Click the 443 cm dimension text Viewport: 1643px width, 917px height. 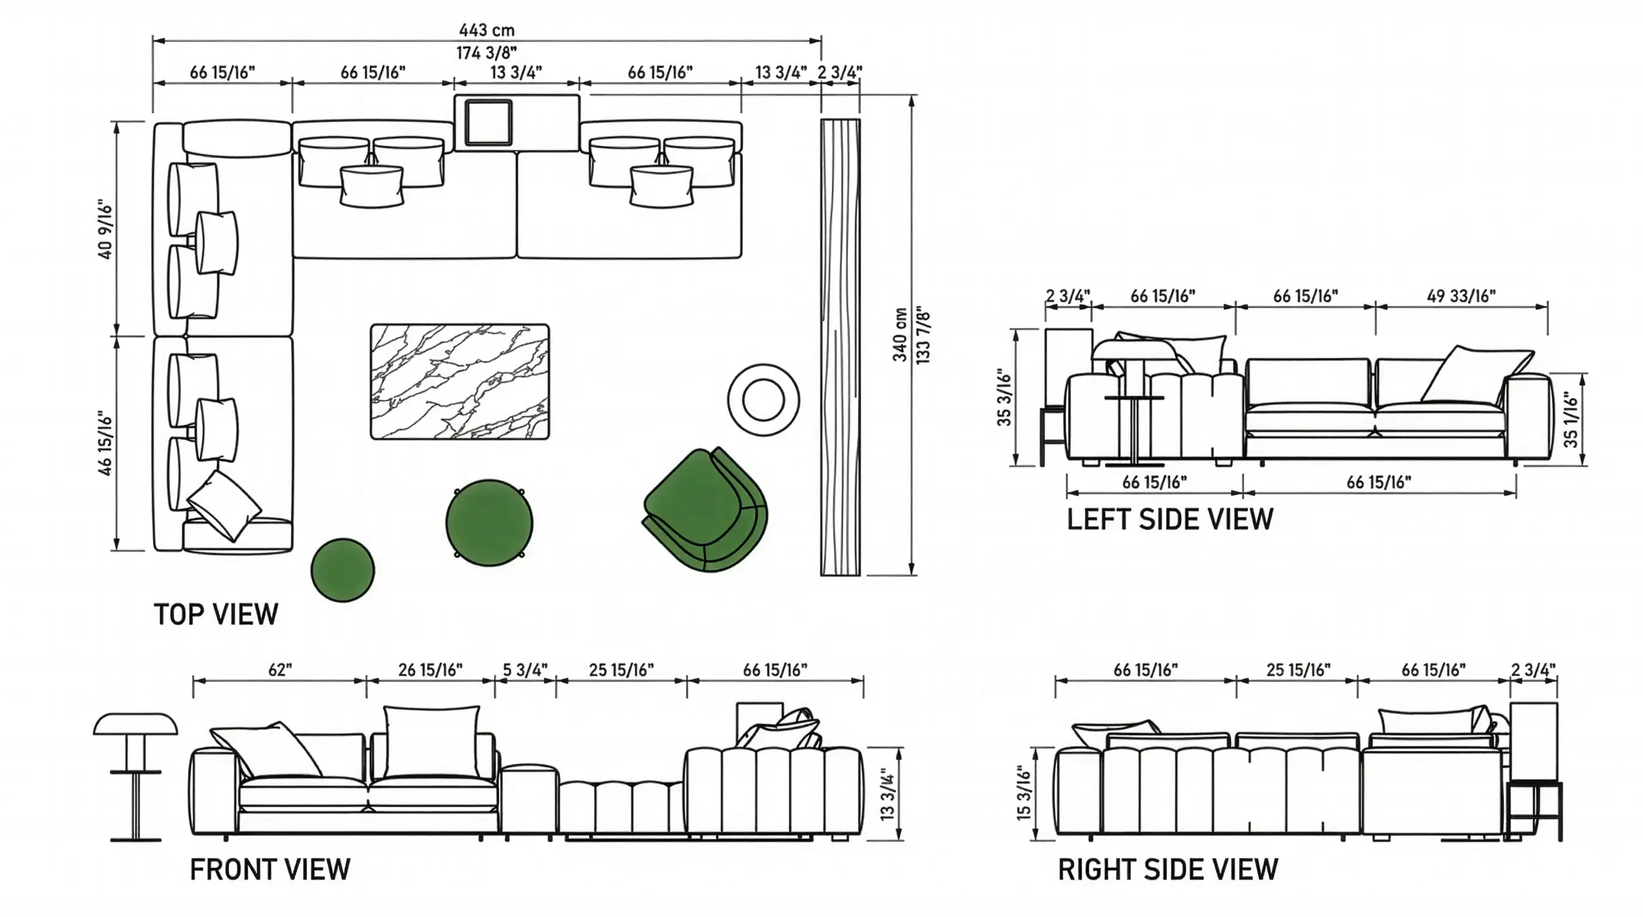tap(487, 30)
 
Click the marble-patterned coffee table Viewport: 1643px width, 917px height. tap(459, 381)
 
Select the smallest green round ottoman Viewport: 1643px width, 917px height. tap(343, 570)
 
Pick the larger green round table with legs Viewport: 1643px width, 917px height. tap(489, 523)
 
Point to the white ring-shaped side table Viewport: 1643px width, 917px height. tap(763, 400)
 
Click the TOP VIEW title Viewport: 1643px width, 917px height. tap(216, 614)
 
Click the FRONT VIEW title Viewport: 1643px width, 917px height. tap(270, 869)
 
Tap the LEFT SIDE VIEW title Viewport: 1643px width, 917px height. tap(1170, 519)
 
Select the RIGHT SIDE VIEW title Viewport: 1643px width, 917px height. tap(1168, 869)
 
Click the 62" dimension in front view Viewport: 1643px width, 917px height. tap(279, 670)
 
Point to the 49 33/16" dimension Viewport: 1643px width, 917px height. tap(1460, 296)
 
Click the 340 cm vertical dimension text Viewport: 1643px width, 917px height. tap(900, 335)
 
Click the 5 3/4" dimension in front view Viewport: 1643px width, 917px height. tap(525, 670)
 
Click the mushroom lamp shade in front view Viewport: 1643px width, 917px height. tap(135, 723)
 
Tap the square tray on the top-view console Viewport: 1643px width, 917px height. tap(488, 122)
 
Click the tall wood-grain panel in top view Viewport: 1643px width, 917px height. tap(839, 347)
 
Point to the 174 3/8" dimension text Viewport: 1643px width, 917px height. tap(486, 53)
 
